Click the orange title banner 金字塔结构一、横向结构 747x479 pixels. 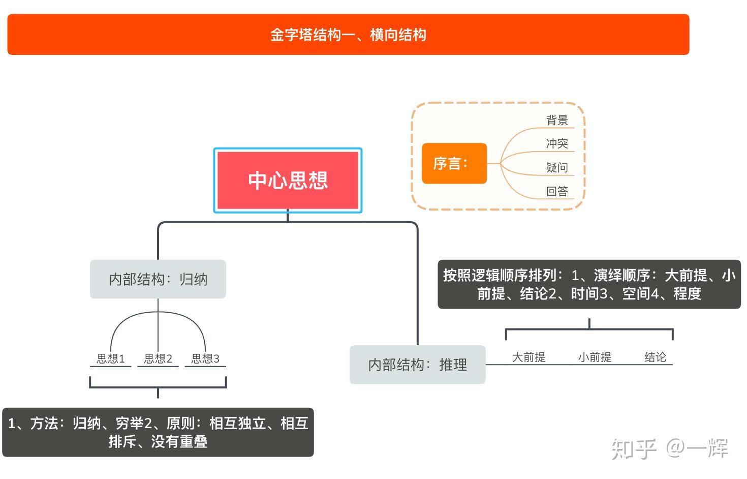click(348, 35)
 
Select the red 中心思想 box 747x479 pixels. click(288, 181)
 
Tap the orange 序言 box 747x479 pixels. click(454, 163)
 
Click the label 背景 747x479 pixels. click(557, 121)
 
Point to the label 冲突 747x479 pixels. click(557, 144)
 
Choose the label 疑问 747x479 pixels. click(557, 167)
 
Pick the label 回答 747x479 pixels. click(557, 191)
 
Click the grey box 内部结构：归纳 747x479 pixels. click(158, 279)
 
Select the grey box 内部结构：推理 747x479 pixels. click(417, 365)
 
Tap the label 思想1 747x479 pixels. click(111, 358)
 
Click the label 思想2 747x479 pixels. click(158, 358)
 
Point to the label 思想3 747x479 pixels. click(205, 358)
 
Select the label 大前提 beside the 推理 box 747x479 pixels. click(528, 357)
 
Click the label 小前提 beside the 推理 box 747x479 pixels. click(595, 357)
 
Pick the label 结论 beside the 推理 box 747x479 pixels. click(655, 357)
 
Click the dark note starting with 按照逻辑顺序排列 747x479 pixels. click(589, 284)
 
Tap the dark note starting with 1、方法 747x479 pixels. click(158, 432)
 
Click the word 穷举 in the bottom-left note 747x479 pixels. click(130, 424)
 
